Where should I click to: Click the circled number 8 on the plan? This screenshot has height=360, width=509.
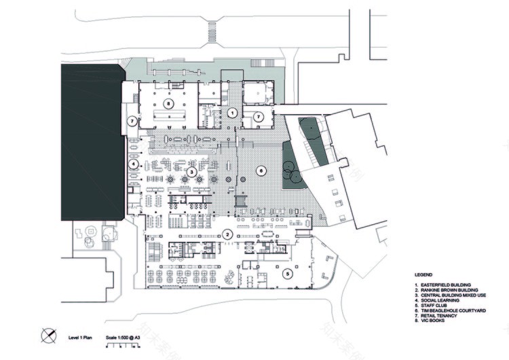pyautogui.click(x=170, y=103)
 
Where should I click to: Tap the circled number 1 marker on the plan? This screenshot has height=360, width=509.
pyautogui.click(x=231, y=112)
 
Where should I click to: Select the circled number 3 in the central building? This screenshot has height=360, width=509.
pyautogui.click(x=192, y=173)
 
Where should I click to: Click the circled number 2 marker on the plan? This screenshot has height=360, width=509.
pyautogui.click(x=229, y=234)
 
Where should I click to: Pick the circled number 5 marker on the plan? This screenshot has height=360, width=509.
pyautogui.click(x=288, y=274)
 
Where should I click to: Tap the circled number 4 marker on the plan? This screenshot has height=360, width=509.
pyautogui.click(x=134, y=164)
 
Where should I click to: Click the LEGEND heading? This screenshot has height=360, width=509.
pyautogui.click(x=424, y=274)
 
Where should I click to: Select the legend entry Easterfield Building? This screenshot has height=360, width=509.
pyautogui.click(x=445, y=285)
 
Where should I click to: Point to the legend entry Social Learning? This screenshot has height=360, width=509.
pyautogui.click(x=440, y=301)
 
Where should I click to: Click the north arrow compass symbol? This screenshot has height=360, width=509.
pyautogui.click(x=48, y=335)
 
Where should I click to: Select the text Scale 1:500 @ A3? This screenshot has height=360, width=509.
pyautogui.click(x=124, y=336)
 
